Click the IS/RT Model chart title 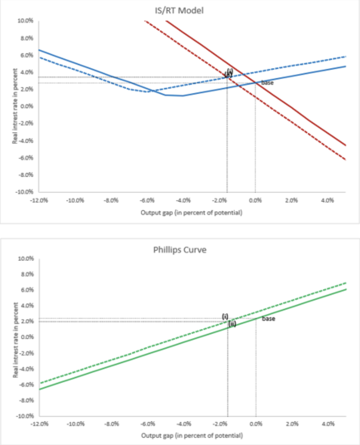coord(180,11)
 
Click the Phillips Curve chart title coord(180,250)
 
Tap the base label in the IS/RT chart coord(267,83)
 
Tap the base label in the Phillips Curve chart coord(268,319)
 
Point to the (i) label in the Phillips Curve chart coord(225,316)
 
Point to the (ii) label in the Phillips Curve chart coord(232,324)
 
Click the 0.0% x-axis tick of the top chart coord(255,200)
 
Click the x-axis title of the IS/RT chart coord(191,213)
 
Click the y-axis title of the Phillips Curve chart coord(16,338)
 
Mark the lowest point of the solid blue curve coord(182,95)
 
